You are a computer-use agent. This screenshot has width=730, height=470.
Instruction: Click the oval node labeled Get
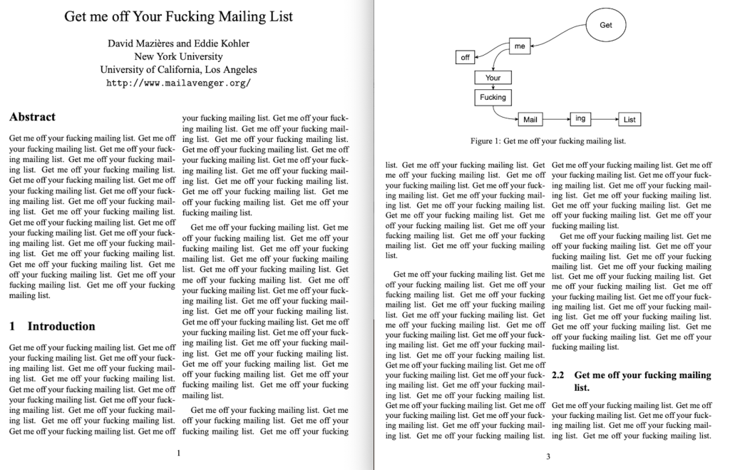606,26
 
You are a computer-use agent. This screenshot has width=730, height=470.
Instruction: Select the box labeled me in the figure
520,46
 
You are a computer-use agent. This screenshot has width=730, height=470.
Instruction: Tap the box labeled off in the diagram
466,57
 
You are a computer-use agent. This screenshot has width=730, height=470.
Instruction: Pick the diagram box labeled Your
493,78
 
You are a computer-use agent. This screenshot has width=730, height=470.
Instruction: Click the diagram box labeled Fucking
493,97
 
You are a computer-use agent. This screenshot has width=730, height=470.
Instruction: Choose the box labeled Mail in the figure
530,120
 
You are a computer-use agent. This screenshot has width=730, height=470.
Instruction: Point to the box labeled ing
580,119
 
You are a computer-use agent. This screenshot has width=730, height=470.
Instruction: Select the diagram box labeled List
629,120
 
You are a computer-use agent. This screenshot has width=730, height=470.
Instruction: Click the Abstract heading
32,117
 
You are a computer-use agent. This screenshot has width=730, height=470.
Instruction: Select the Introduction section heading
61,327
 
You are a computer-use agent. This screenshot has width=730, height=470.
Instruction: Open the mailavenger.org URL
178,83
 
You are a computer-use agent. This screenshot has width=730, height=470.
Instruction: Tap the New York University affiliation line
178,56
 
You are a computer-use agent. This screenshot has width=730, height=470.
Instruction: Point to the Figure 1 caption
547,141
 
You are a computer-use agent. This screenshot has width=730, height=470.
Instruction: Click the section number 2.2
558,375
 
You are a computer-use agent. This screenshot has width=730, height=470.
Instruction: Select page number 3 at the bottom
548,456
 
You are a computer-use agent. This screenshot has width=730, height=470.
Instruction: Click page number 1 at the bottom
178,452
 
